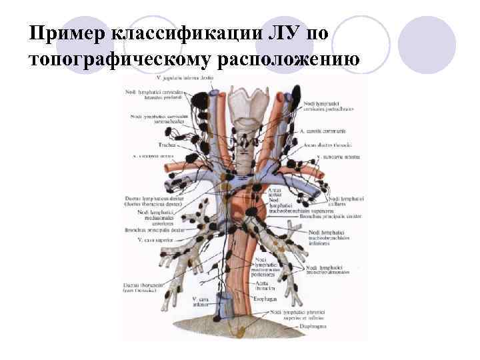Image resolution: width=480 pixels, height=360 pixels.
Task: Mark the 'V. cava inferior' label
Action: point(201,303)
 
